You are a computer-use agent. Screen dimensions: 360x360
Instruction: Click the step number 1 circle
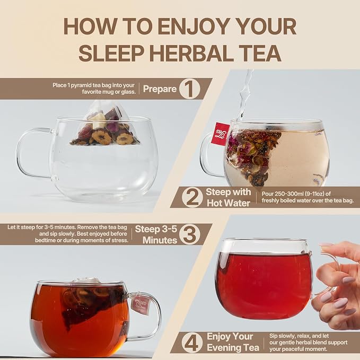pyautogui.click(x=189, y=89)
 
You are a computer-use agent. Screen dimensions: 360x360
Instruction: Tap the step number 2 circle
pyautogui.click(x=192, y=197)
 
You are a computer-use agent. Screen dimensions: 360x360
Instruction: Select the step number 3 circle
pyautogui.click(x=190, y=234)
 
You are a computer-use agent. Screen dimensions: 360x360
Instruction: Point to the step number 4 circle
pyautogui.click(x=192, y=343)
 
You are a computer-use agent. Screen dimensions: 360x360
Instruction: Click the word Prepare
pyautogui.click(x=160, y=89)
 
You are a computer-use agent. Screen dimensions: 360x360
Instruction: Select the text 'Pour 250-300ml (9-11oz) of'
pyautogui.click(x=296, y=194)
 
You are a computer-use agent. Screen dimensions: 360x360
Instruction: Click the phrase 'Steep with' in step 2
pyautogui.click(x=229, y=192)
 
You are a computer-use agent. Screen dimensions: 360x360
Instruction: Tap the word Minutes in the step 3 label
pyautogui.click(x=160, y=240)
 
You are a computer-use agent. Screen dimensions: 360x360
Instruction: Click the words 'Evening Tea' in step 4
pyautogui.click(x=233, y=348)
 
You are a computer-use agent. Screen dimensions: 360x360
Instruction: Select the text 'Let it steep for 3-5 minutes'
pyautogui.click(x=41, y=227)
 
